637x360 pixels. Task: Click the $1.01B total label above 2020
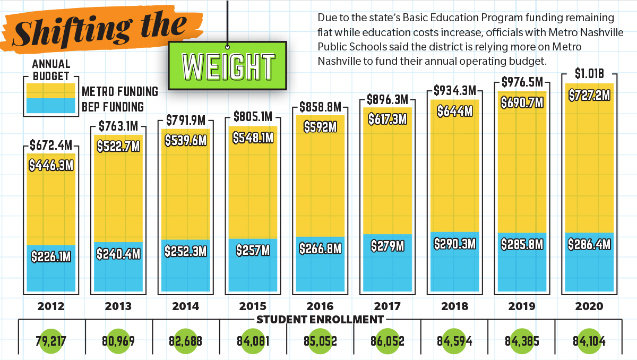pyautogui.click(x=589, y=74)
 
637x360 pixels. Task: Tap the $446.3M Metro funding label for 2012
pyautogui.click(x=51, y=166)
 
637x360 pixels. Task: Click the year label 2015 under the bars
pyautogui.click(x=253, y=306)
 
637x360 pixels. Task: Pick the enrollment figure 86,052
pyautogui.click(x=388, y=340)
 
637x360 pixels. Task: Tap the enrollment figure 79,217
pyautogui.click(x=51, y=340)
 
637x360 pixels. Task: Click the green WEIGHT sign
pyautogui.click(x=228, y=66)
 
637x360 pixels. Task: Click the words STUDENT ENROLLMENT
pyautogui.click(x=320, y=320)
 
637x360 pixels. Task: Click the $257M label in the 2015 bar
pyautogui.click(x=253, y=250)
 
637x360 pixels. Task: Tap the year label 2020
pyautogui.click(x=589, y=306)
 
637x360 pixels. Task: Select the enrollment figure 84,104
pyautogui.click(x=589, y=340)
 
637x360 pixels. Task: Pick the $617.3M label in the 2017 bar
pyautogui.click(x=388, y=119)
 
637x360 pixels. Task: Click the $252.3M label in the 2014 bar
pyautogui.click(x=185, y=251)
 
